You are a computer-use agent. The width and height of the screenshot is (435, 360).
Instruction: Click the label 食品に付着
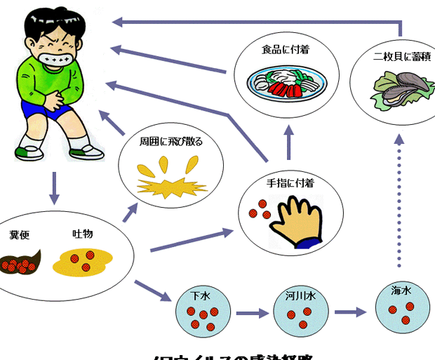[x=286, y=49]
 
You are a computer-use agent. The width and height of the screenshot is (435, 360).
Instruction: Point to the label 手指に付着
[x=289, y=182]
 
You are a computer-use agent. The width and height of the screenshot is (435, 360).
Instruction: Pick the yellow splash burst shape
[x=171, y=184]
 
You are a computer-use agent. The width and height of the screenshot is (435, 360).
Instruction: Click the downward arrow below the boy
[x=53, y=188]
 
